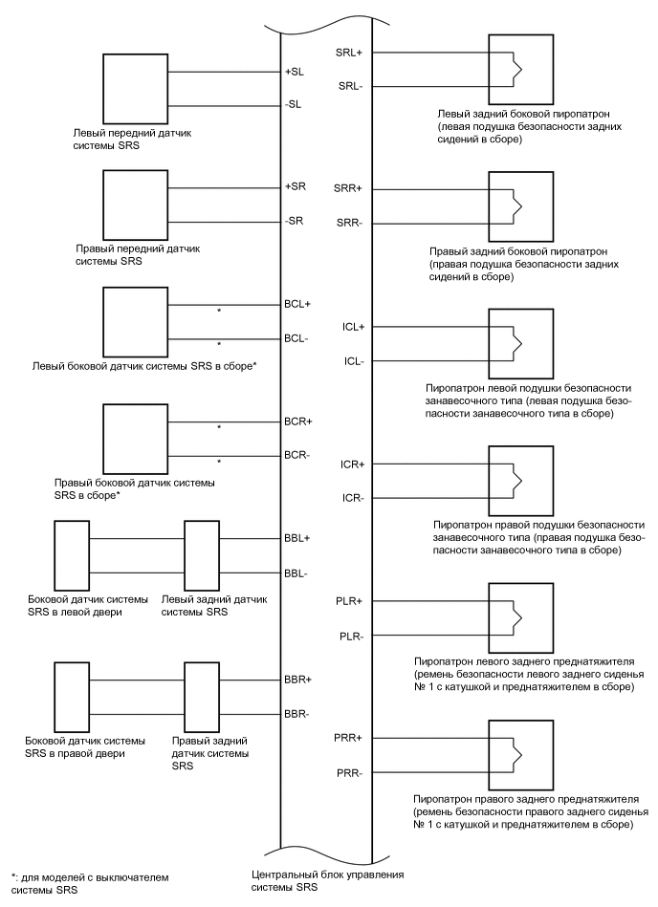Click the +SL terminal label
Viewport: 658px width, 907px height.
295,73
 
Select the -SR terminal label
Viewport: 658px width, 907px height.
295,221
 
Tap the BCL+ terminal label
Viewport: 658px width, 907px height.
298,304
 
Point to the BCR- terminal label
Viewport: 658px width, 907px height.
297,454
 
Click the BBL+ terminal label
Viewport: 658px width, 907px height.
297,538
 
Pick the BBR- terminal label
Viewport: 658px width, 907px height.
297,713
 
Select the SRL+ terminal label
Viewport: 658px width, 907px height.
350,52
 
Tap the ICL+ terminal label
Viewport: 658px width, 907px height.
353,326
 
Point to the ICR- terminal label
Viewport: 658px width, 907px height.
353,498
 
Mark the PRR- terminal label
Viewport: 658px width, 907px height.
351,772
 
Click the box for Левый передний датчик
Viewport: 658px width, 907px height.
135,88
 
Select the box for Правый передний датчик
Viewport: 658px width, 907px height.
135,204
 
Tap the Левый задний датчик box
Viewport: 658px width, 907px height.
202,555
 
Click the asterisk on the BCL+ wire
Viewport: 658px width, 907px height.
219,312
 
